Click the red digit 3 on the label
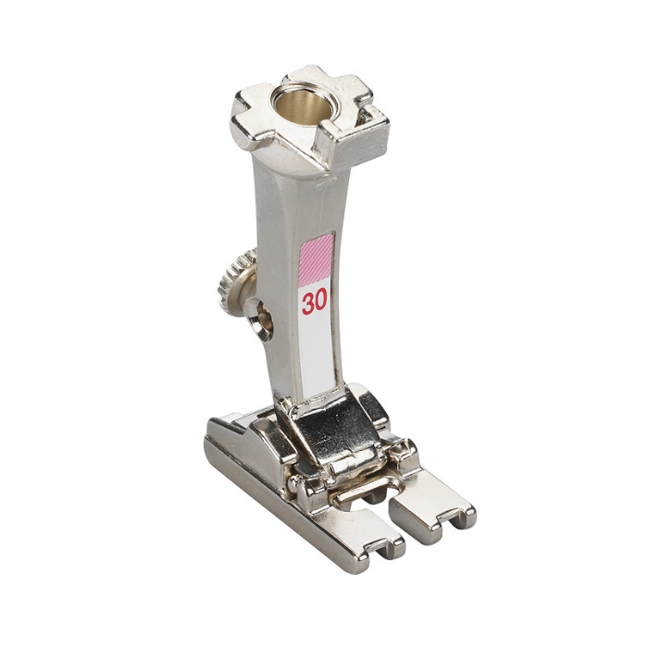(x=308, y=302)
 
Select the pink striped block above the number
(x=316, y=260)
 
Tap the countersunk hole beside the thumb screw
(x=260, y=319)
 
